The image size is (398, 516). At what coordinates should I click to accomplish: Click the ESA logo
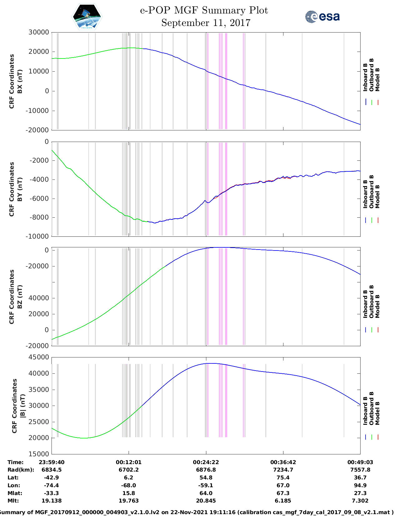click(x=322, y=17)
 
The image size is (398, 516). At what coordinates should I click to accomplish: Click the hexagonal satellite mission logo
click(x=87, y=17)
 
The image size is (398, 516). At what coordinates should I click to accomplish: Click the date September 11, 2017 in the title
click(x=206, y=23)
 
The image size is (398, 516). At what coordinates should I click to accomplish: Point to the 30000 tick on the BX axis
click(x=38, y=32)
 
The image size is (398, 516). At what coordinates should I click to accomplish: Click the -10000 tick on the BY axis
click(x=38, y=236)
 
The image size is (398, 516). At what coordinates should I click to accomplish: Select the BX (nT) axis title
click(x=20, y=81)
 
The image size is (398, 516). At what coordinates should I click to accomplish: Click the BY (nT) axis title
click(x=20, y=189)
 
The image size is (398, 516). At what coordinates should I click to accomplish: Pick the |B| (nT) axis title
click(x=23, y=406)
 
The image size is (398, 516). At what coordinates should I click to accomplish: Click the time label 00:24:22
click(x=206, y=462)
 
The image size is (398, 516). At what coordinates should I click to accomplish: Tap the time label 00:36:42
click(x=283, y=462)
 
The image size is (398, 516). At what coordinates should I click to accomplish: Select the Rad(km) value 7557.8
click(x=360, y=470)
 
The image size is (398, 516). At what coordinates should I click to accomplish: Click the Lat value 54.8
click(x=206, y=478)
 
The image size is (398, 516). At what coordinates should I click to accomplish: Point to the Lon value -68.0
click(x=128, y=485)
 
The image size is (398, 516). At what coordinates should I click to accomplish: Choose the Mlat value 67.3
click(x=283, y=493)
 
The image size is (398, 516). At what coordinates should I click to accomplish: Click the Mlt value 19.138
click(x=52, y=501)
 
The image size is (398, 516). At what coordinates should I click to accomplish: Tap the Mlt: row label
click(x=13, y=501)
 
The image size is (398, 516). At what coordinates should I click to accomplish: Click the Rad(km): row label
click(x=21, y=470)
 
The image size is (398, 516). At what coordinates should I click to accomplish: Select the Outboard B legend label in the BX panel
click(x=371, y=75)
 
